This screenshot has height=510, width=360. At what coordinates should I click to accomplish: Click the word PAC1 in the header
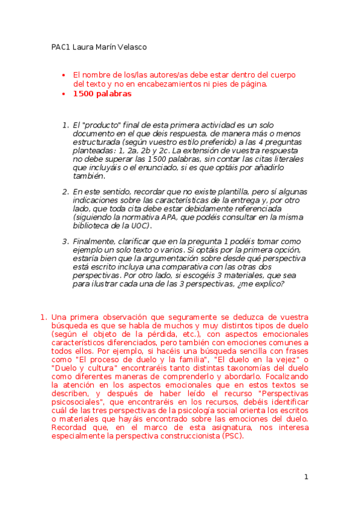tap(60, 47)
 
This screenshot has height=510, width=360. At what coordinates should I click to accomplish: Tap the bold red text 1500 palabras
tap(102, 94)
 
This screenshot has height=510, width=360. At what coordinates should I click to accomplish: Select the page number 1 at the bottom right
tap(306, 477)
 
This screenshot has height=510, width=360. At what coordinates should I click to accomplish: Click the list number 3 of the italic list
tap(66, 242)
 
